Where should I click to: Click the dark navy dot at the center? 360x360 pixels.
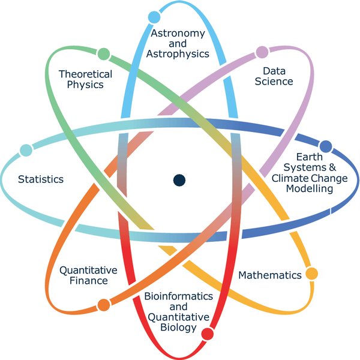(x=179, y=180)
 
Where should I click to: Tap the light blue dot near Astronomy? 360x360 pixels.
(x=154, y=17)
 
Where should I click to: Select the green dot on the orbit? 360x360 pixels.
(x=104, y=54)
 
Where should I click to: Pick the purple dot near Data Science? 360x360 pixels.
(x=262, y=52)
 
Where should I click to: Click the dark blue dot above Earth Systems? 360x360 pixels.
(x=326, y=146)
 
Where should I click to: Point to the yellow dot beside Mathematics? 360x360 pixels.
(x=311, y=274)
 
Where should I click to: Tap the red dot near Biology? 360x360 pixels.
(x=208, y=334)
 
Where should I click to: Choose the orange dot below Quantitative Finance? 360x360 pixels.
(x=104, y=305)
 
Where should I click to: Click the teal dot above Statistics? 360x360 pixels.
(x=26, y=151)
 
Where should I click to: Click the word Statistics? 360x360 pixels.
(x=41, y=179)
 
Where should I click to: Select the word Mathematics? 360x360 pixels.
(x=270, y=275)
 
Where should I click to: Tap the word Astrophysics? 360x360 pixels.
(x=178, y=54)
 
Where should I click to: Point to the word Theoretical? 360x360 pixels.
(x=85, y=74)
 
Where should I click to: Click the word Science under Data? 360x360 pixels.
(x=274, y=82)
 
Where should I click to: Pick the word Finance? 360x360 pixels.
(x=89, y=281)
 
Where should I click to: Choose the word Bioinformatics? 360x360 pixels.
(x=179, y=296)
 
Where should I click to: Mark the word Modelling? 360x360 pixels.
(x=310, y=189)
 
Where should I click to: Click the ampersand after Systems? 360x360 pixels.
(x=332, y=167)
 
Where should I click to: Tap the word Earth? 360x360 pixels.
(x=310, y=157)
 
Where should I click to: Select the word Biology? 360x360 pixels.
(x=179, y=328)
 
